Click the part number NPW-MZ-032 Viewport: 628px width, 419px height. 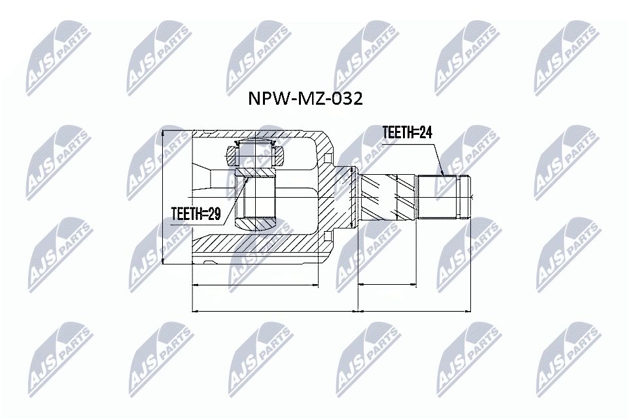point(304,99)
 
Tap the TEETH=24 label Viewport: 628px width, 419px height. point(408,133)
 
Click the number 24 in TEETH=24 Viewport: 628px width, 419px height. point(425,133)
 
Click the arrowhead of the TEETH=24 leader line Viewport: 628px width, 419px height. point(445,175)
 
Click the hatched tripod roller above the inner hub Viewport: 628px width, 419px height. point(256,156)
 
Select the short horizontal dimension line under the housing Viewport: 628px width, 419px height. point(256,285)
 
